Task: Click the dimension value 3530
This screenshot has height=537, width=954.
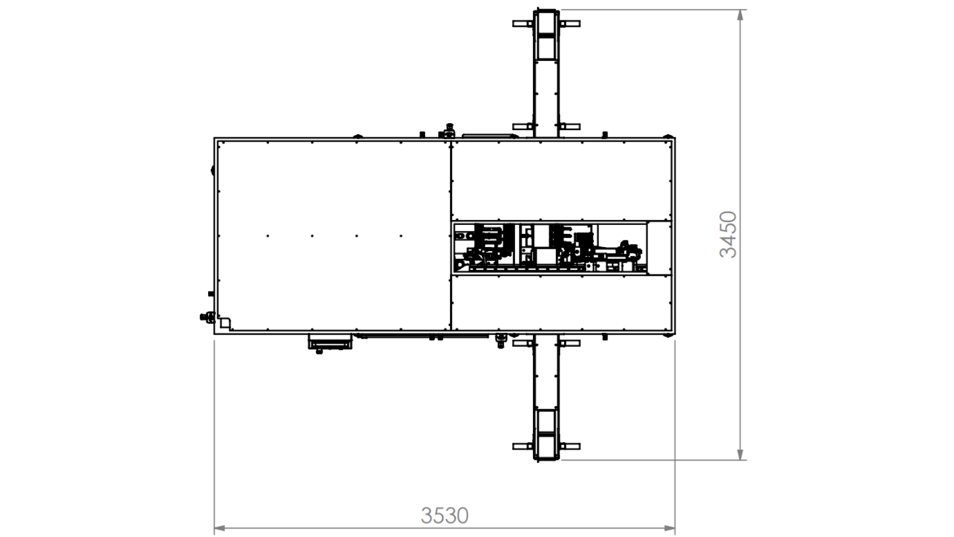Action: [x=445, y=516]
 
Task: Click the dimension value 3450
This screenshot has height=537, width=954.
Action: [x=728, y=234]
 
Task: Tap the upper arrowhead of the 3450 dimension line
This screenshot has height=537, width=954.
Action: [x=740, y=15]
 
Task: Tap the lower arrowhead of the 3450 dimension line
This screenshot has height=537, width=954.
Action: [x=740, y=454]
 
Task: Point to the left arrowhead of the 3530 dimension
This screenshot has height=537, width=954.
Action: [x=219, y=529]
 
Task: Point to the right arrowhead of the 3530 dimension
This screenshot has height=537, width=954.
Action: [x=669, y=529]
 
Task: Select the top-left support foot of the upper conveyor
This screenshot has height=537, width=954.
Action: [x=523, y=23]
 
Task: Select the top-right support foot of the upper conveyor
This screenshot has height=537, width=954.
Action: [x=569, y=23]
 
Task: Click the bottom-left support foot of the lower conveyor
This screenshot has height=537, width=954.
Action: [x=523, y=446]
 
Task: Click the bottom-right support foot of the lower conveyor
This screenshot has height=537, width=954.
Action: [x=569, y=446]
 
